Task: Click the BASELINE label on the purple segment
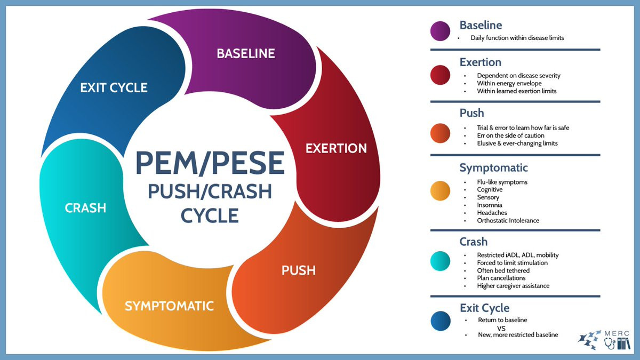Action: (x=245, y=53)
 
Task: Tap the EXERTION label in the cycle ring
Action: (x=336, y=148)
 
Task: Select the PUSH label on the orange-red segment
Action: (x=299, y=270)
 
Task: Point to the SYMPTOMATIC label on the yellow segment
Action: (x=169, y=306)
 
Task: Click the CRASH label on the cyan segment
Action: (x=85, y=207)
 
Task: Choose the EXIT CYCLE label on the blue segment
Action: (x=114, y=87)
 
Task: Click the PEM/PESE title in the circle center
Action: (x=210, y=162)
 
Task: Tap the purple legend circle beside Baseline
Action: (x=440, y=31)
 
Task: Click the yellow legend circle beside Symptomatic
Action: (x=440, y=190)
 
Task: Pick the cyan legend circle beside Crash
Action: (x=440, y=261)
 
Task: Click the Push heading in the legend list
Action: (x=472, y=113)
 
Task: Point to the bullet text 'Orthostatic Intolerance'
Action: (x=508, y=221)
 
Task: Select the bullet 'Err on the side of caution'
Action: (x=510, y=135)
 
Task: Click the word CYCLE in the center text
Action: (x=210, y=215)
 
